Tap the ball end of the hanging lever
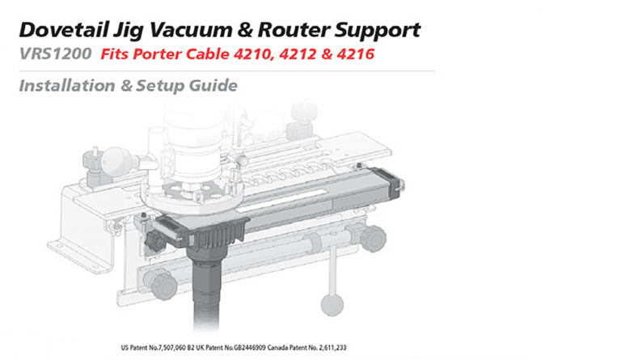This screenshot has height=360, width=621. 329,303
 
